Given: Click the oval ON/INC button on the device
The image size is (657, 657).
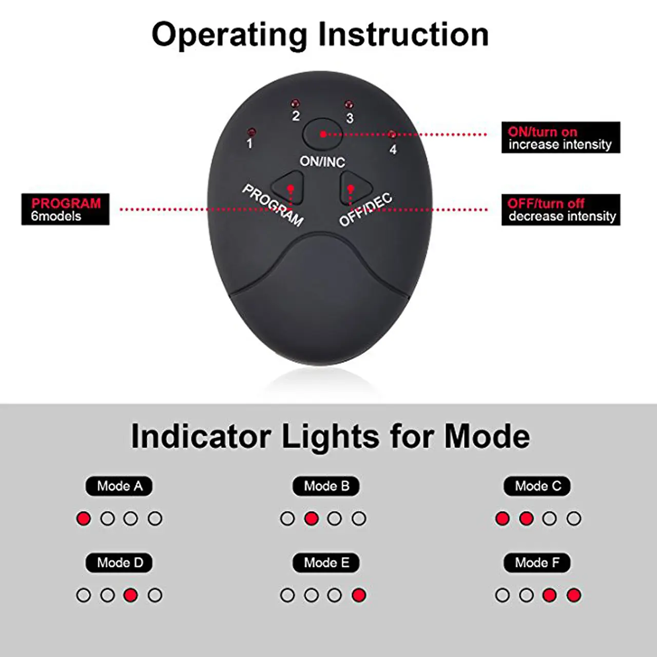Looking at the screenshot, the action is (322, 134).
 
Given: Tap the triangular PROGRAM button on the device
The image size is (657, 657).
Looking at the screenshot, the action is (288, 188).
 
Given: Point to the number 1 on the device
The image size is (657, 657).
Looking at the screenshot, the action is (249, 144).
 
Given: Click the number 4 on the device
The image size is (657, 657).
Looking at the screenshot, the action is (393, 149).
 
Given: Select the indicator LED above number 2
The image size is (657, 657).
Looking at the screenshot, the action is (295, 103).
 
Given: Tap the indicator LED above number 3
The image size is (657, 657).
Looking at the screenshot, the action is (349, 104).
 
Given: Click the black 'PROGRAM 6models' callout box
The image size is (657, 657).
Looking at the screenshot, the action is (66, 209).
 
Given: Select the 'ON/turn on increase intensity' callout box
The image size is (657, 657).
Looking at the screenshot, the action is (561, 138).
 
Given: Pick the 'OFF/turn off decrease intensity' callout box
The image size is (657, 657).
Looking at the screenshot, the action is (561, 210).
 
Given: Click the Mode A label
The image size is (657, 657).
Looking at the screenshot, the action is (119, 486).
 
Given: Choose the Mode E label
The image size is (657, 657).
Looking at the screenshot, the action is (326, 563).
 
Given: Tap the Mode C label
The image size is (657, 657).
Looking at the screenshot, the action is (537, 486).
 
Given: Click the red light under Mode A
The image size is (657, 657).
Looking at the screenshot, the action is (84, 518).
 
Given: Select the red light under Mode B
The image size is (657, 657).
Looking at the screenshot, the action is (311, 518).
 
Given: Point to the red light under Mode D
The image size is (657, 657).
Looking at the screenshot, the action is (130, 595).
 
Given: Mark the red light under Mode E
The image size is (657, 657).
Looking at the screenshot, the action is (359, 595).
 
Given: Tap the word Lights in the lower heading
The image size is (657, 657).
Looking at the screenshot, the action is (331, 437).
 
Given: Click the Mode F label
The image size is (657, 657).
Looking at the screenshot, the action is (537, 563).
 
